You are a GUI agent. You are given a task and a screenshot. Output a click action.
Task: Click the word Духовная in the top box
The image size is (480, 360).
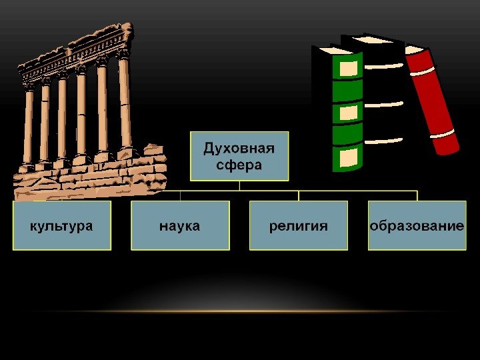(x=239, y=147)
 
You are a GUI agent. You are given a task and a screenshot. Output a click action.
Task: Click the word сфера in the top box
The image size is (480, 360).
(x=239, y=163)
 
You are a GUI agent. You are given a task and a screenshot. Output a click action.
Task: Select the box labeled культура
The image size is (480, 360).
(x=61, y=226)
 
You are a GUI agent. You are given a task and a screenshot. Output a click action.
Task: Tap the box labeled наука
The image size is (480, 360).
(x=180, y=226)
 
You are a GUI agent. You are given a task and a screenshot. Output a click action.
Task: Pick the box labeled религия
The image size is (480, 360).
(x=299, y=226)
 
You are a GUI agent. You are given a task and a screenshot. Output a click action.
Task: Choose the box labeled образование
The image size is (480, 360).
(x=417, y=226)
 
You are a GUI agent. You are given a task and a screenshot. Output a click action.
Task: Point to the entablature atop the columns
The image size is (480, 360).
(x=77, y=53)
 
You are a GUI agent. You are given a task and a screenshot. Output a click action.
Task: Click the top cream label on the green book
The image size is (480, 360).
(x=349, y=67)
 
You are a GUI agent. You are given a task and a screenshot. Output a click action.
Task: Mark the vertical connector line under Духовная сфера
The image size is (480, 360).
(x=239, y=186)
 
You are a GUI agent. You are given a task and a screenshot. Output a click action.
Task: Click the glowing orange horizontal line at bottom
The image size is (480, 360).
(x=240, y=311)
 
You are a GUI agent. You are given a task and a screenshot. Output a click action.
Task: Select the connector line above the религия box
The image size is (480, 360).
(x=299, y=196)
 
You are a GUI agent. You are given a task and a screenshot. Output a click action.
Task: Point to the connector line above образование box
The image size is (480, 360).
(x=417, y=196)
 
